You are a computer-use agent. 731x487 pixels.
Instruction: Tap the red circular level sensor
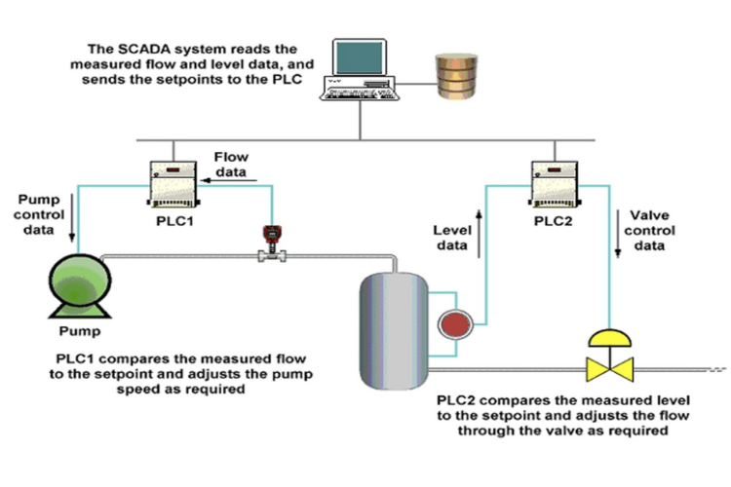[x=452, y=323]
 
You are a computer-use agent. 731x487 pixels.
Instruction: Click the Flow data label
[x=233, y=160]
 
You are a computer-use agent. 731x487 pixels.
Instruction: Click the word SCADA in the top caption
[x=145, y=48]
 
